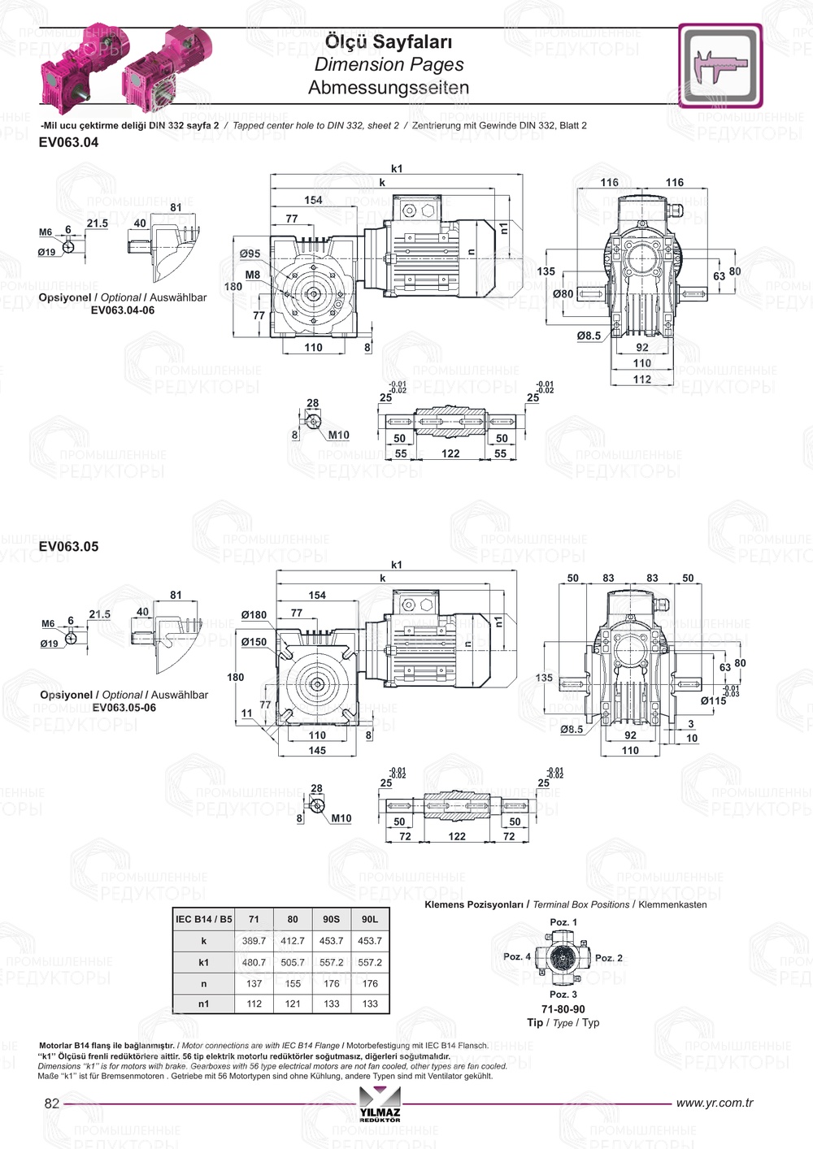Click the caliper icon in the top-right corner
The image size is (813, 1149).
720,65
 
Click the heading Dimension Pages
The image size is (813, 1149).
389,65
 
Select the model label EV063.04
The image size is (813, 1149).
68,142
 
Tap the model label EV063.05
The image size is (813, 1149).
68,547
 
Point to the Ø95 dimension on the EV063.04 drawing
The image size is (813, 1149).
250,254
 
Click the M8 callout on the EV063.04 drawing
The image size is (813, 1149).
252,275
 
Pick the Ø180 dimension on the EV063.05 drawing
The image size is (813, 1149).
254,615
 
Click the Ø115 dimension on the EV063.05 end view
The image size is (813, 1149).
713,700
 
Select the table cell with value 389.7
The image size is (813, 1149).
254,941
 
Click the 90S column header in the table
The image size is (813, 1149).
331,920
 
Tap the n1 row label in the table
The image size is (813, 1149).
203,1004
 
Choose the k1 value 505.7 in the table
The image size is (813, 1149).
293,962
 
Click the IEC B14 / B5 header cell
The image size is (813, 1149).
203,920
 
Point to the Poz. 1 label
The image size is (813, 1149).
563,922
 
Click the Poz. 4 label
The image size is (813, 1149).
516,956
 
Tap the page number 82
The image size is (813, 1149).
52,1103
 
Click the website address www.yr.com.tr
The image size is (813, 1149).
714,1103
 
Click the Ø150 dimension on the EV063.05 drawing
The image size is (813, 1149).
254,642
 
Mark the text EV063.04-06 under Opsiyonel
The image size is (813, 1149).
122,310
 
